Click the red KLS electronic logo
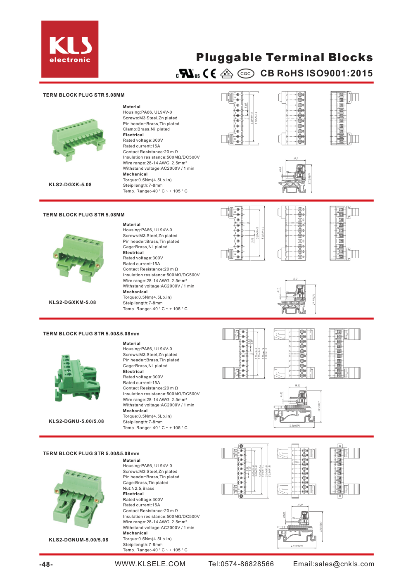[70, 49]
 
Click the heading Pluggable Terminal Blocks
[284, 57]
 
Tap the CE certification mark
[209, 74]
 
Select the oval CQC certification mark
[245, 74]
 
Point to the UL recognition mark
[188, 74]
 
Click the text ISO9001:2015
[339, 74]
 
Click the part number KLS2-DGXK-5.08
[70, 185]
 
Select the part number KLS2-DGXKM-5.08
[72, 302]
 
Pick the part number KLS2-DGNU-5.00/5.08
[76, 421]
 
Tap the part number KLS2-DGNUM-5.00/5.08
[78, 540]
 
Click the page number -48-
[46, 565]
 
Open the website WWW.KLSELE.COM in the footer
[150, 564]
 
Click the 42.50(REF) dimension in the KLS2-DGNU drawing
[294, 426]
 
